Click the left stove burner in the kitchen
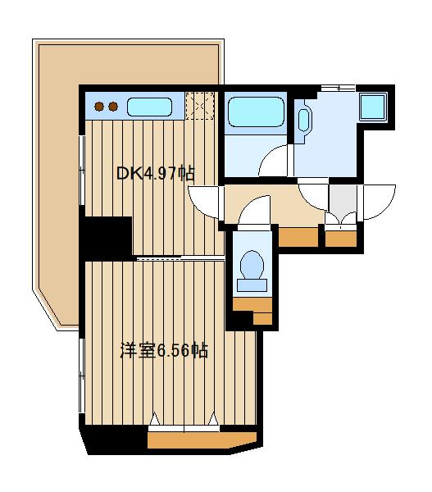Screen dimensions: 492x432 point(98,106)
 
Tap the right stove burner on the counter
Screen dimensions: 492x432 point(110,106)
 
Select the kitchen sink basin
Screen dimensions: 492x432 point(149,107)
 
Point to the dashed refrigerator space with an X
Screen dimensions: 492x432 point(199,106)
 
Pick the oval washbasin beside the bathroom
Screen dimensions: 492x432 point(303,119)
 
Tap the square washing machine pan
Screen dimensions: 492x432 point(374,107)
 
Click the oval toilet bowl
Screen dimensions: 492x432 point(252,266)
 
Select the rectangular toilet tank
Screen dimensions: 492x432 point(252,285)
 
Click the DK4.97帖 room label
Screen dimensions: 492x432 point(155,174)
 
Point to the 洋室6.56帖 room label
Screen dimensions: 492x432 point(163,351)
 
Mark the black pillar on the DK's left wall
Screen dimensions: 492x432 point(107,235)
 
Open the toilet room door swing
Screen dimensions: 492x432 point(255,210)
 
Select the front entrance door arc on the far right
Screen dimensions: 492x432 point(380,201)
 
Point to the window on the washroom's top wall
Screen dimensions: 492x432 point(337,87)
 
